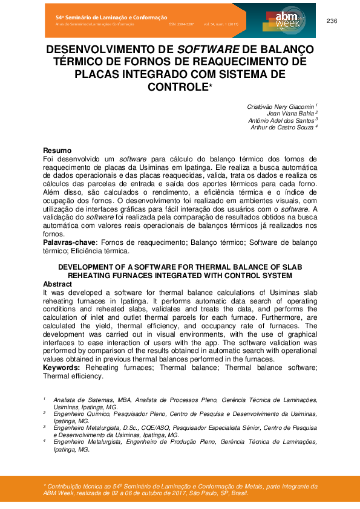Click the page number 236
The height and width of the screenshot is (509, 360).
pyautogui.click(x=332, y=21)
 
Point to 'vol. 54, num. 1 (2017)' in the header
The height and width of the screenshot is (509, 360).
pyautogui.click(x=220, y=24)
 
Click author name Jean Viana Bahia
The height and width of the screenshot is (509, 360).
pyautogui.click(x=290, y=113)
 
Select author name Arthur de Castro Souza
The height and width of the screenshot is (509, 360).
pyautogui.click(x=283, y=127)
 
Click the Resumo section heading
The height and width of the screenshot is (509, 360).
pyautogui.click(x=57, y=151)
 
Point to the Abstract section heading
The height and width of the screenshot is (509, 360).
pyautogui.click(x=59, y=284)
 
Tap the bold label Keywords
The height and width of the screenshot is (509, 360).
pyautogui.click(x=61, y=367)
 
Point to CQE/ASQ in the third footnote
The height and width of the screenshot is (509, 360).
pyautogui.click(x=162, y=427)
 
